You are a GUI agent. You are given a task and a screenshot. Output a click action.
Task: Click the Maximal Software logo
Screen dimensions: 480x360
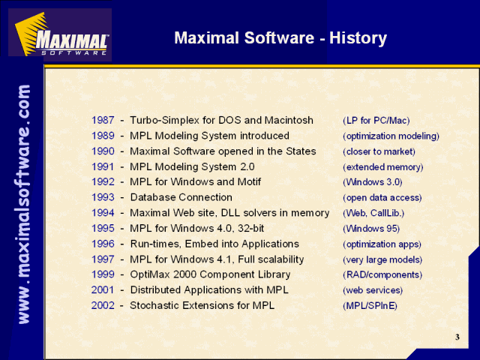pyautogui.click(x=60, y=34)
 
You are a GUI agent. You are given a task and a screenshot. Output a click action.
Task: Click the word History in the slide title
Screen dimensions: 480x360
pyautogui.click(x=358, y=38)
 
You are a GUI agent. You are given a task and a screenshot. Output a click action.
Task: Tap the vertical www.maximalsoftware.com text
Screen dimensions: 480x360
pyautogui.click(x=24, y=204)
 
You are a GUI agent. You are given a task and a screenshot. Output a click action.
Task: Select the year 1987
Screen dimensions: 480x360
pyautogui.click(x=103, y=120)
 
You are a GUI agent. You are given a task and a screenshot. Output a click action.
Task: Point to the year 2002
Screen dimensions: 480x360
pyautogui.click(x=103, y=305)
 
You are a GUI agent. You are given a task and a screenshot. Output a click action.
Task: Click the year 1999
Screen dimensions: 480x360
pyautogui.click(x=103, y=274)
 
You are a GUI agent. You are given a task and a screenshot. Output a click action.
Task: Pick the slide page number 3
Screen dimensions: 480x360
pyautogui.click(x=457, y=337)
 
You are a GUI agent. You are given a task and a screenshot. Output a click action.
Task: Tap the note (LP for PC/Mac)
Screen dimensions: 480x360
pyautogui.click(x=376, y=121)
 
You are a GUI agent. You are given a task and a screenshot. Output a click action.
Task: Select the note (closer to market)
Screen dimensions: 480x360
pyautogui.click(x=379, y=151)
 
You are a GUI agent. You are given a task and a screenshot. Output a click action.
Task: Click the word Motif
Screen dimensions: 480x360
pyautogui.click(x=249, y=181)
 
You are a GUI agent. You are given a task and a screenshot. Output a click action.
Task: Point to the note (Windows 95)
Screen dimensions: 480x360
pyautogui.click(x=371, y=229)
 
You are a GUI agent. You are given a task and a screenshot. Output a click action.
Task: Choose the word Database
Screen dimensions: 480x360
pyautogui.click(x=152, y=197)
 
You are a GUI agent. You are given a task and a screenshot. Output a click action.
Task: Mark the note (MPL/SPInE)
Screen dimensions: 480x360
pyautogui.click(x=370, y=306)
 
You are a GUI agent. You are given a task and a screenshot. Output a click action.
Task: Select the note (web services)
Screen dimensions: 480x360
pyautogui.click(x=373, y=290)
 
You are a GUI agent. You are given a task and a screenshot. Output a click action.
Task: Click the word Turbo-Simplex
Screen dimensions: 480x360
pyautogui.click(x=165, y=120)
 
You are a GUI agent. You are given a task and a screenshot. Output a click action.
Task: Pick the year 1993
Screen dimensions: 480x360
pyautogui.click(x=103, y=197)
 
